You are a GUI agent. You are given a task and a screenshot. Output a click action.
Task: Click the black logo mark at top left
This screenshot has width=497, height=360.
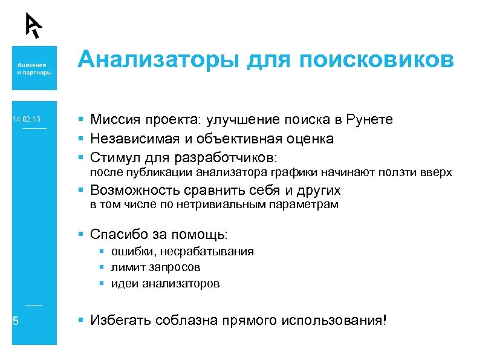(x=34, y=25)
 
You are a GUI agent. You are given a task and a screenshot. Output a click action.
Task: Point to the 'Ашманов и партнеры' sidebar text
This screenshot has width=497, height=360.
(x=34, y=68)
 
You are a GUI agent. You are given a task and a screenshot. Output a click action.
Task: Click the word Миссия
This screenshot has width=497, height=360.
(x=114, y=120)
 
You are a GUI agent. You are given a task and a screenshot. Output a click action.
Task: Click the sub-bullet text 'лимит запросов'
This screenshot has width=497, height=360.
(x=155, y=267)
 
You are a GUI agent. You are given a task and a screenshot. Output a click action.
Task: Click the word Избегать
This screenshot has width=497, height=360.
(x=120, y=320)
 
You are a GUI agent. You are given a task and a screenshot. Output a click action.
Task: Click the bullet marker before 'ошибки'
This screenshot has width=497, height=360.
(x=103, y=251)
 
